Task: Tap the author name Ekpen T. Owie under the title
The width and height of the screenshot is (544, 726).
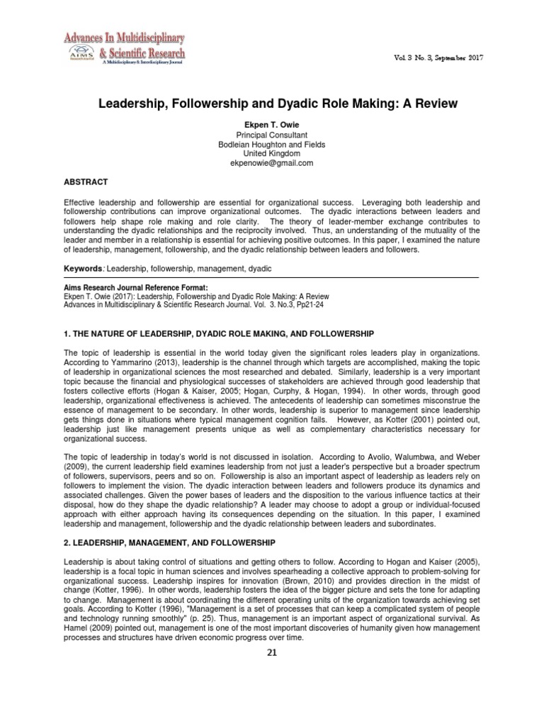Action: pos(272,125)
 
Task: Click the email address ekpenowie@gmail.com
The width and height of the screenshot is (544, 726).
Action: pos(272,162)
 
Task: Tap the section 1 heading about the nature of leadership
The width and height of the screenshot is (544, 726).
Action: pos(219,333)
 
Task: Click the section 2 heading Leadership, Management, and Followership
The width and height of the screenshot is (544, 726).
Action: pos(169,542)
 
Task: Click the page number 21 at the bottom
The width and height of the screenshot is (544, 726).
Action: pos(272,653)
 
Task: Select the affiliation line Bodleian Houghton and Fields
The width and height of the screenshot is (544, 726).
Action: pos(272,144)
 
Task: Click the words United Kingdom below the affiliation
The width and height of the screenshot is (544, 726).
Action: pos(272,153)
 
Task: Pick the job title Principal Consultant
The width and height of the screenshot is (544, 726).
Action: pos(272,135)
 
